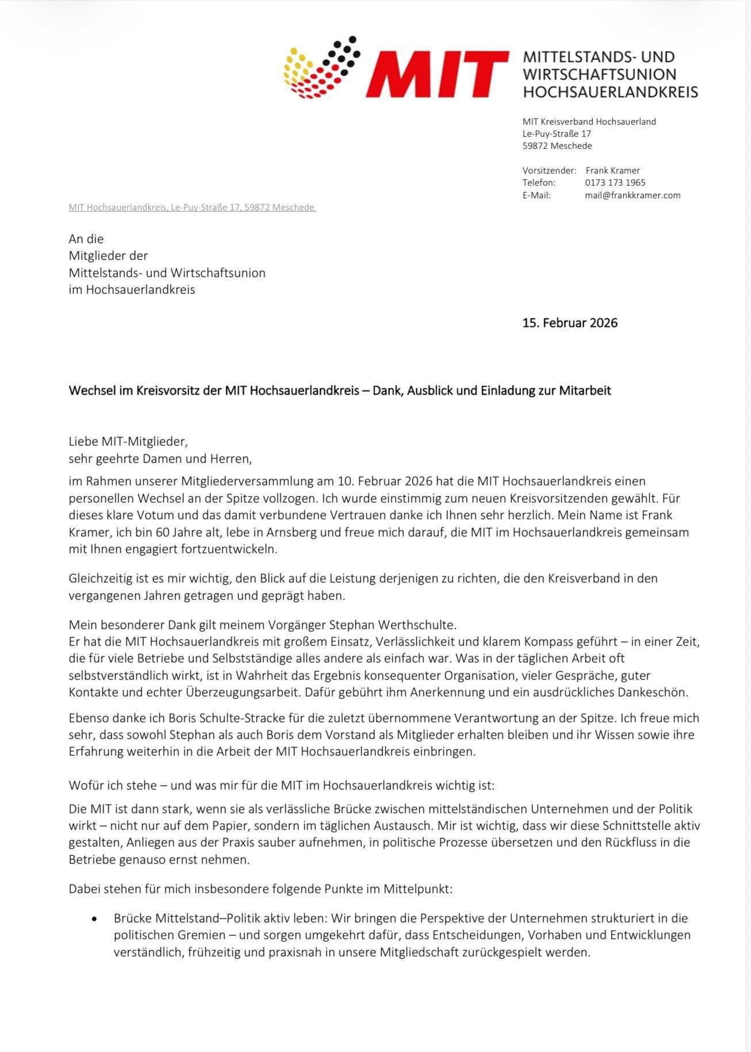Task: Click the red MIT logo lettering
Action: [437, 74]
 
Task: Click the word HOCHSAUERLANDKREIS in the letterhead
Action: [610, 91]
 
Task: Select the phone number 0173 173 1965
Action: [615, 182]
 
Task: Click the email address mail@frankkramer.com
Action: [633, 195]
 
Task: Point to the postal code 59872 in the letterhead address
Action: [535, 146]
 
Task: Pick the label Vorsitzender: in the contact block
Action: [549, 170]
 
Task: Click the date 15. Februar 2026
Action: [569, 323]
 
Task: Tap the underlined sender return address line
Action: [192, 207]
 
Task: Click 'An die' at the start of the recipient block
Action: [86, 239]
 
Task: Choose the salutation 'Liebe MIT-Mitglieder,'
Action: [128, 442]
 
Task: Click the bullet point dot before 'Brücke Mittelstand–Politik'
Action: [94, 919]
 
